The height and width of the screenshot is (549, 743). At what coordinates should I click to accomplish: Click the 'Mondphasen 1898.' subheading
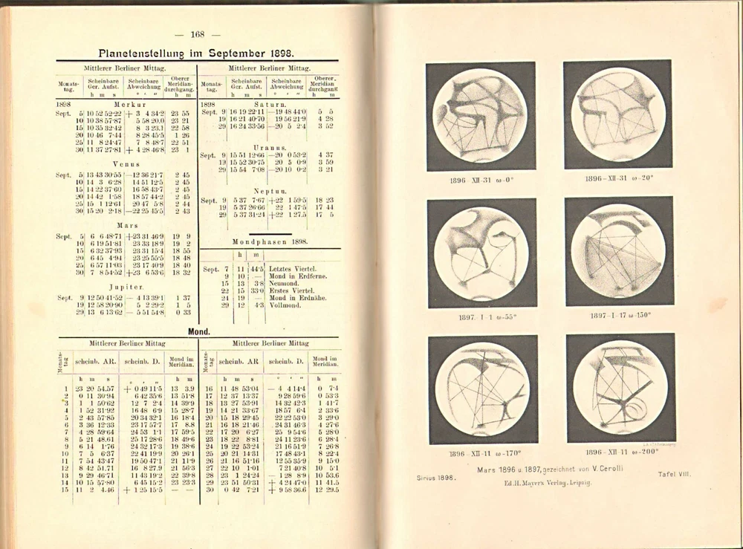[270, 242]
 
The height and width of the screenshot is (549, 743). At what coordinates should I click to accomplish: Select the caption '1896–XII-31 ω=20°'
[618, 179]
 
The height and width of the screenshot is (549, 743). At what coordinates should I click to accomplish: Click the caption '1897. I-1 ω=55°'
[481, 315]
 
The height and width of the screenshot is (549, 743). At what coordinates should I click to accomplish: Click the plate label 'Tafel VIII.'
[675, 473]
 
